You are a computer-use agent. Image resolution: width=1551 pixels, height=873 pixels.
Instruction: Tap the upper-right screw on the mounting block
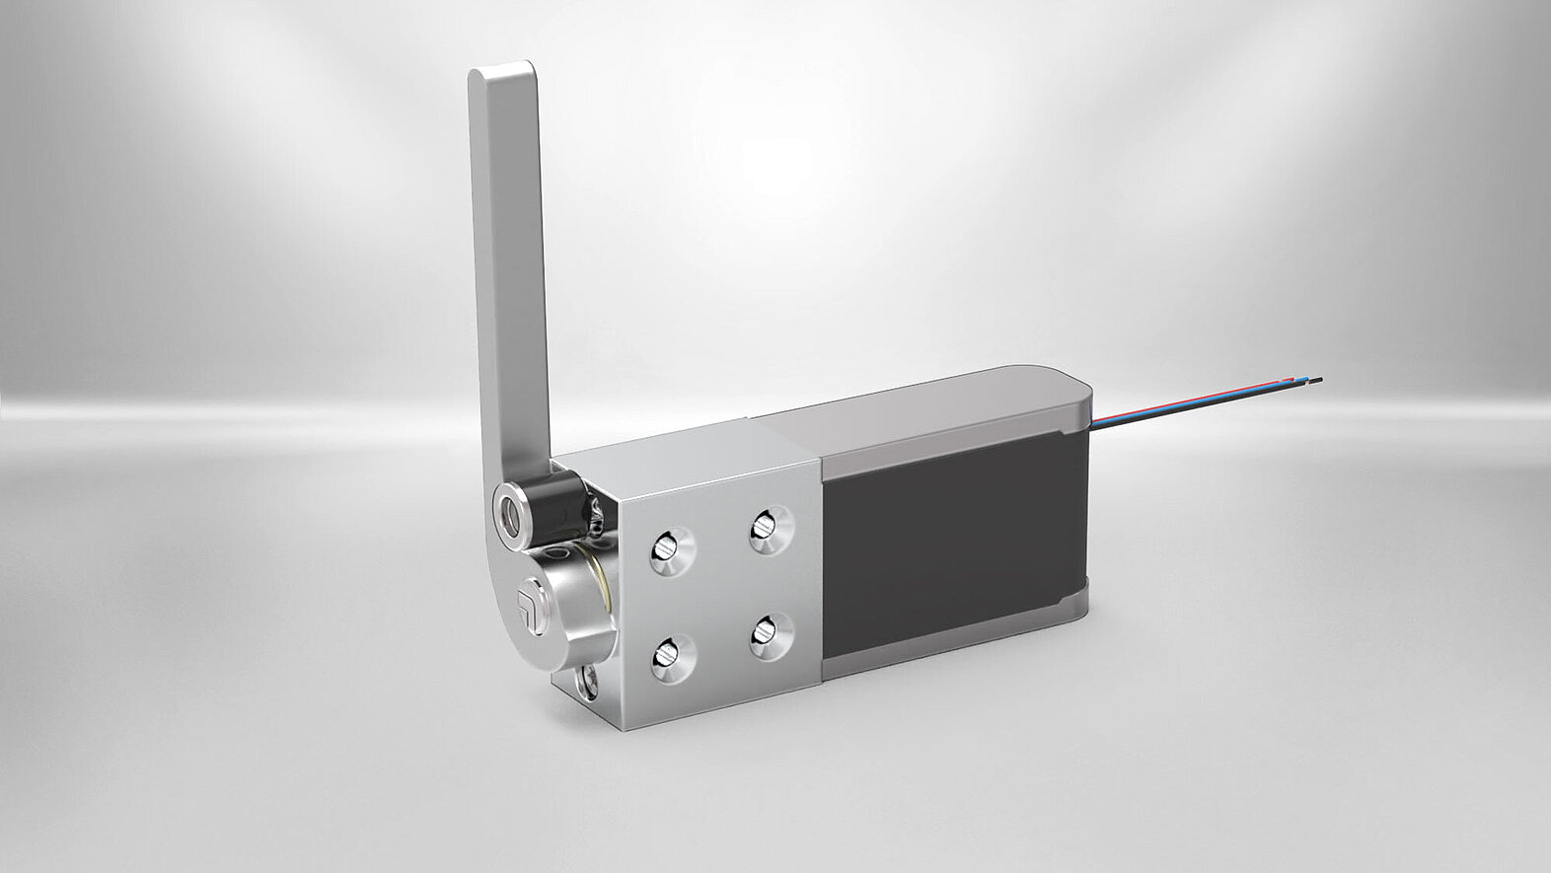click(771, 529)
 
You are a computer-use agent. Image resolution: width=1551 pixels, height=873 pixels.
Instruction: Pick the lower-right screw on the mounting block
click(771, 635)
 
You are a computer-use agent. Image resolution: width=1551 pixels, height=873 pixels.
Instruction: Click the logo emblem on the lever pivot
click(527, 601)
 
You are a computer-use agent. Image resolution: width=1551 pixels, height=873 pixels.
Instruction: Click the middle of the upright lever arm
click(511, 276)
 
